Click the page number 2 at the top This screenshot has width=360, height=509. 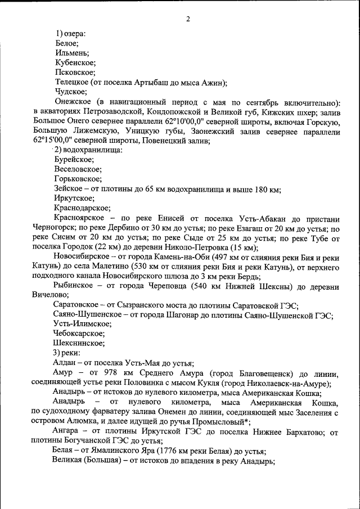pyautogui.click(x=188, y=19)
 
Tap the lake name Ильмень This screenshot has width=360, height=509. pyautogui.click(x=71, y=52)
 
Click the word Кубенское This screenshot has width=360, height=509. pyautogui.click(x=75, y=62)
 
